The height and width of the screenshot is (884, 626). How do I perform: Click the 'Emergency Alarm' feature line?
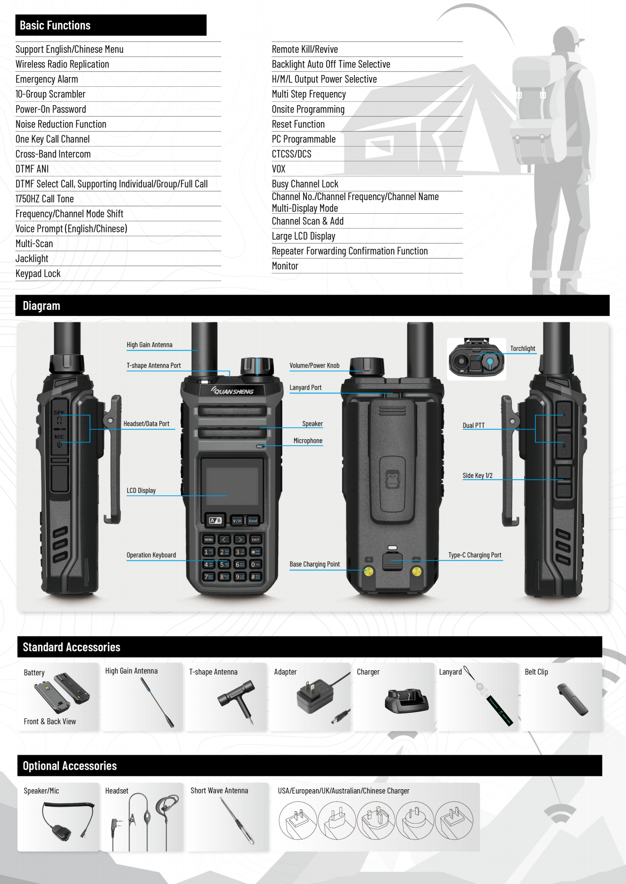pos(47,79)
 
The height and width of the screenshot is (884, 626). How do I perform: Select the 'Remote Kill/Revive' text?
pos(305,49)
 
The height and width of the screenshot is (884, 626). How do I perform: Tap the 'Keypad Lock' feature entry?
pos(38,274)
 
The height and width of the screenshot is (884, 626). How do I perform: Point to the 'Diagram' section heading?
pos(41,306)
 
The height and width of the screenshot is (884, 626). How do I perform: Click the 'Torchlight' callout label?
pos(522,349)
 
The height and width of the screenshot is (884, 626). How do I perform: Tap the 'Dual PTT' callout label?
pos(473,425)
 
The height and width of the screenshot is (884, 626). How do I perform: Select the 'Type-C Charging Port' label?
pos(474,555)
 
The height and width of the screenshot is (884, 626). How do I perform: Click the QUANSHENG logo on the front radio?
pos(233,391)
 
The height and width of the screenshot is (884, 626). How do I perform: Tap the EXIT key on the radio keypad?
pos(255,539)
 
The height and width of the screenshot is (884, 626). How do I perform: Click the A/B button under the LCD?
pos(215,520)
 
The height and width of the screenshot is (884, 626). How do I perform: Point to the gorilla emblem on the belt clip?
pos(392,479)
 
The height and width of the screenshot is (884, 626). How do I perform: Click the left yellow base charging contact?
pos(369,572)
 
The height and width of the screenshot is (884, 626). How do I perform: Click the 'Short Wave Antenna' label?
pos(219,791)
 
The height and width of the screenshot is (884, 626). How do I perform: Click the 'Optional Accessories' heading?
pos(70,766)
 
